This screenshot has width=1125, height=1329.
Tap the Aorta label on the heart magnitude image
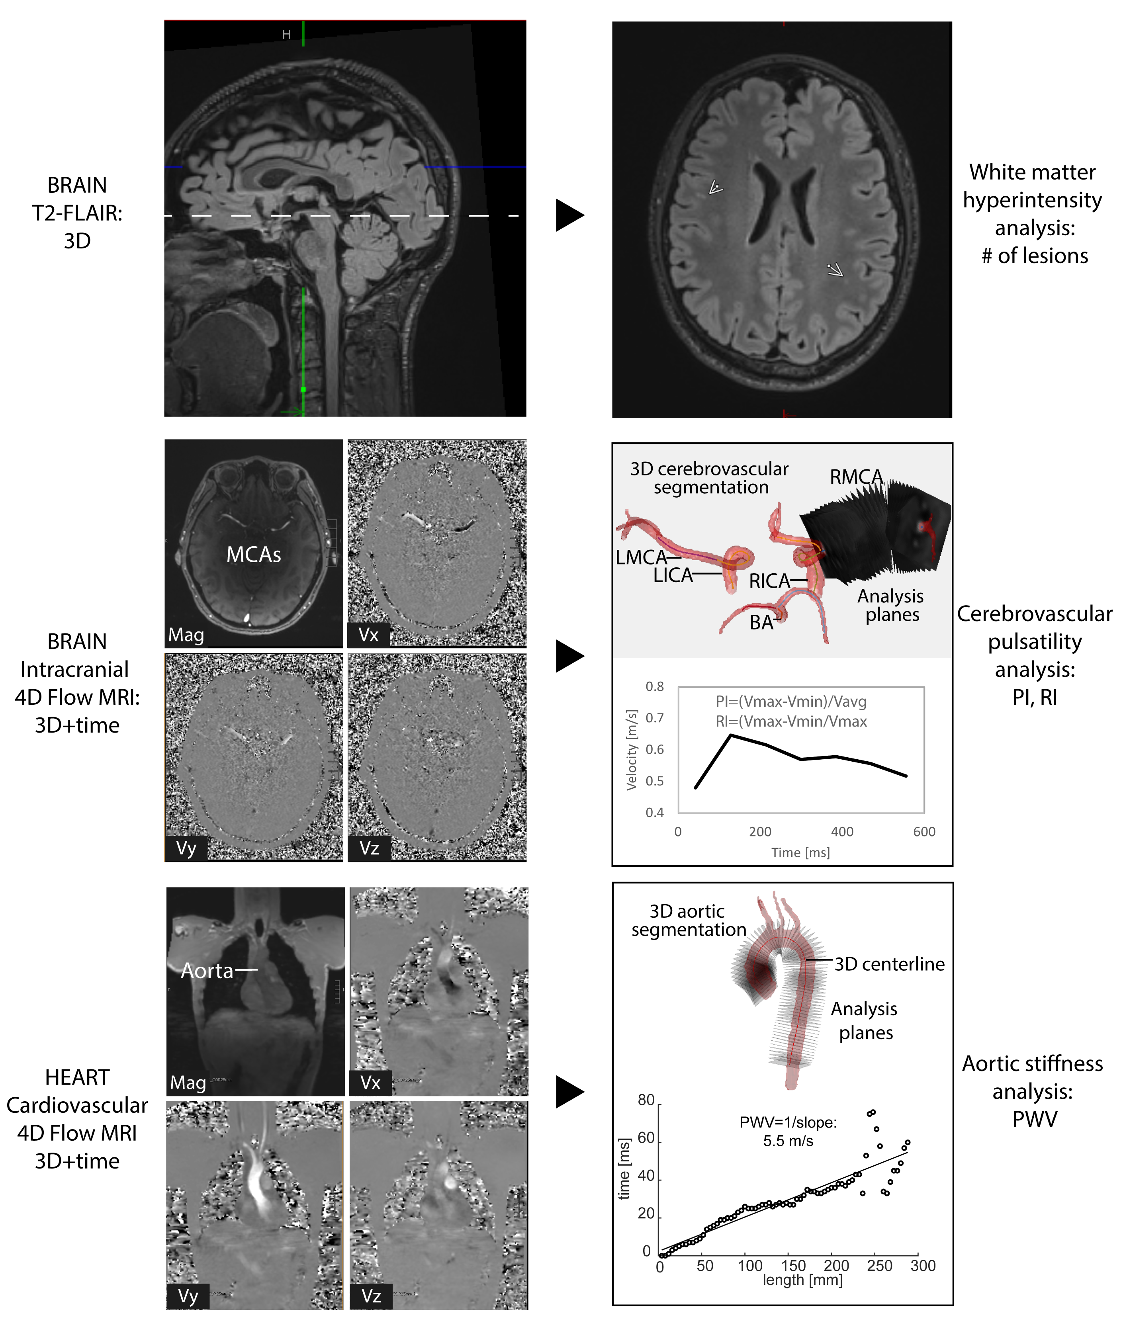[207, 971]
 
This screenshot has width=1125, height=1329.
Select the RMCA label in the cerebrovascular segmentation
[856, 477]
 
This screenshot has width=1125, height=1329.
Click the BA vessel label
[761, 622]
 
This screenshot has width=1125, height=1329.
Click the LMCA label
[640, 557]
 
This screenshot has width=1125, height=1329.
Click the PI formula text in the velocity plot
[791, 702]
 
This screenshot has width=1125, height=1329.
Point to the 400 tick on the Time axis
[842, 832]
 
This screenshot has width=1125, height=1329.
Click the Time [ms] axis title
[800, 853]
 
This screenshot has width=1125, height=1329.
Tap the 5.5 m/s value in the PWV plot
[788, 1141]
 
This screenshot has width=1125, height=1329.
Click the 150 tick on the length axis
[793, 1266]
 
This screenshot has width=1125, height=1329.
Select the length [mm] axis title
[802, 1280]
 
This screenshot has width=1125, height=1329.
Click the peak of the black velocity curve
[731, 735]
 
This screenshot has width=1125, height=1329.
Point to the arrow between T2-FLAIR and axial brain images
[569, 215]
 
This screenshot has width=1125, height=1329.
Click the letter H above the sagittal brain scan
[286, 34]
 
